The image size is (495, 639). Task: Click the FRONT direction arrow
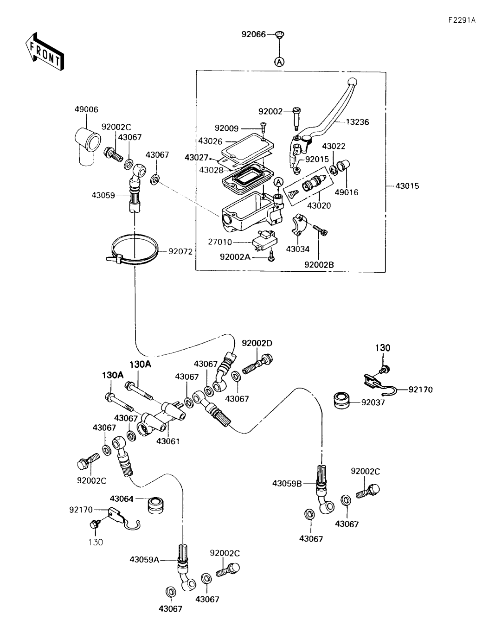coord(45,51)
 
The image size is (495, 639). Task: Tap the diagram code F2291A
coord(461,20)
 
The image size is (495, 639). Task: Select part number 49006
coord(86,109)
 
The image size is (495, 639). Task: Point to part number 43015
coord(407,186)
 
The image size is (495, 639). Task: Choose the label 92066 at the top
coord(253,34)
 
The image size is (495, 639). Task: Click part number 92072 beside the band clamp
coord(180,251)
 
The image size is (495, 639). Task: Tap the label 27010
coord(220,242)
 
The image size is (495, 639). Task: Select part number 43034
coord(297,249)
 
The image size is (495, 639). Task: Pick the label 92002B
coord(319,265)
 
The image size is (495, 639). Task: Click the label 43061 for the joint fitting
coord(167,441)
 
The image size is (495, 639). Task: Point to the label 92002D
coord(257,343)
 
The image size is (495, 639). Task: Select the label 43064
coord(122,498)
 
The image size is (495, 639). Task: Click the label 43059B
coord(287,484)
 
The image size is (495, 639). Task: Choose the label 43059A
coord(145,560)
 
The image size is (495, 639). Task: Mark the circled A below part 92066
coord(280,61)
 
